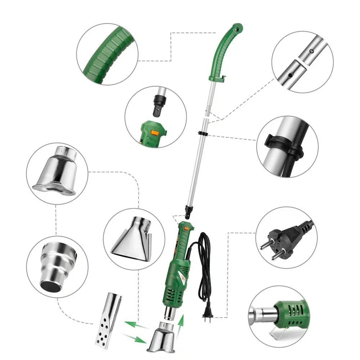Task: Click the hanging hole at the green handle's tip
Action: (237, 27)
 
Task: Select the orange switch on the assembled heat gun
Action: (186, 227)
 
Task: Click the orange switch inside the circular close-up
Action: (155, 132)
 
